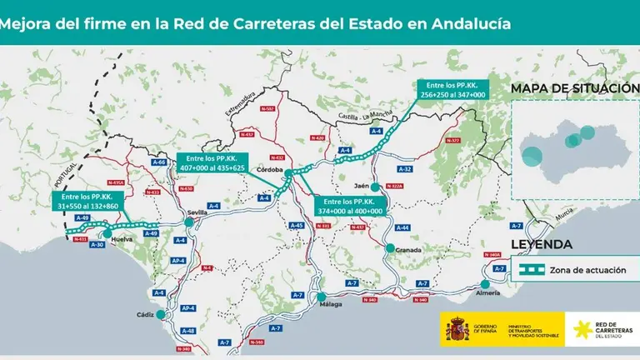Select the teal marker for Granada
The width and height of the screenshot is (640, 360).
coord(389,247)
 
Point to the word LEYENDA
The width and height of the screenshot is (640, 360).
coord(541,245)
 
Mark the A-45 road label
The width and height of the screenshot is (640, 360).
coord(296,226)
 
